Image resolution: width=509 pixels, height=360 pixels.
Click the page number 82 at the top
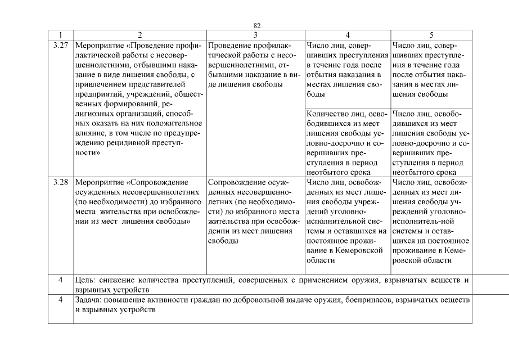click(257, 26)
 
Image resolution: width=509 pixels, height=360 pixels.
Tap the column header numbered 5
click(431, 34)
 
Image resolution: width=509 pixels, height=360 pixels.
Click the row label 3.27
click(60, 44)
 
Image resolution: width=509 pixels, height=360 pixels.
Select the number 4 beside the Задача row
click(61, 300)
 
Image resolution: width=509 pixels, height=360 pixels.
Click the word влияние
click(90, 133)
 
